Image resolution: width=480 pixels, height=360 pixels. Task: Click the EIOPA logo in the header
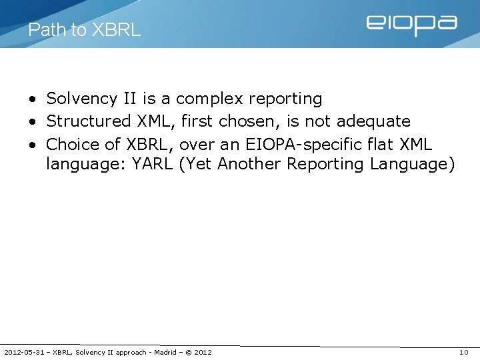[x=411, y=25]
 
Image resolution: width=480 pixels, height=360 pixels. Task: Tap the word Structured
[x=89, y=121]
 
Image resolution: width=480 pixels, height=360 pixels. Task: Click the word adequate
[x=373, y=121]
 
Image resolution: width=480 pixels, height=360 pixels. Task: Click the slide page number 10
[x=464, y=352]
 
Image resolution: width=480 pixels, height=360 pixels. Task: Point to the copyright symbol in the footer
[x=189, y=352]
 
